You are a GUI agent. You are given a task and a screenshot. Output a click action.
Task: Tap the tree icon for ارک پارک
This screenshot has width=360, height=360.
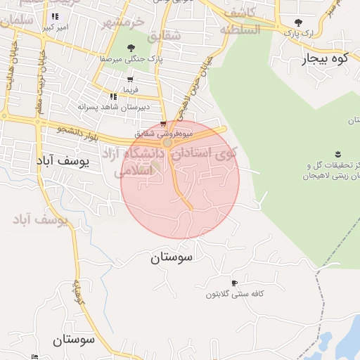click(299, 22)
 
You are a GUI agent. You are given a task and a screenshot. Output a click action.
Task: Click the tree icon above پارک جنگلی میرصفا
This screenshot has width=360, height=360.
click(131, 48)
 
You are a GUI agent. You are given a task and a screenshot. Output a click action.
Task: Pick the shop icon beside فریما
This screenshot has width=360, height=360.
click(131, 79)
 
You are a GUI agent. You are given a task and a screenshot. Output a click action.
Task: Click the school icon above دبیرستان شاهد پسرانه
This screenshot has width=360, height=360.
click(112, 96)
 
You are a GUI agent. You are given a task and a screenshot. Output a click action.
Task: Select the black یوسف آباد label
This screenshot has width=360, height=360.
click(63, 161)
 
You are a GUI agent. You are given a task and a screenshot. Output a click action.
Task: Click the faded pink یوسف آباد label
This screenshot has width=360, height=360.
click(43, 220)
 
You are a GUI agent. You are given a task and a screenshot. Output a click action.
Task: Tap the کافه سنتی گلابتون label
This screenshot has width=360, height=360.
click(234, 294)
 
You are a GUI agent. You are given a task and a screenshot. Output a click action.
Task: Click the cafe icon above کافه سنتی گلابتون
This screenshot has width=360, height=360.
click(234, 283)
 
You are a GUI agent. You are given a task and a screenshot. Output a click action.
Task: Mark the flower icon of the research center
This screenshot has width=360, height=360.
click(337, 154)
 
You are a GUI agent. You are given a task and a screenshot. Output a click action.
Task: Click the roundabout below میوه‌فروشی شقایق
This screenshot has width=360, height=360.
click(167, 143)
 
